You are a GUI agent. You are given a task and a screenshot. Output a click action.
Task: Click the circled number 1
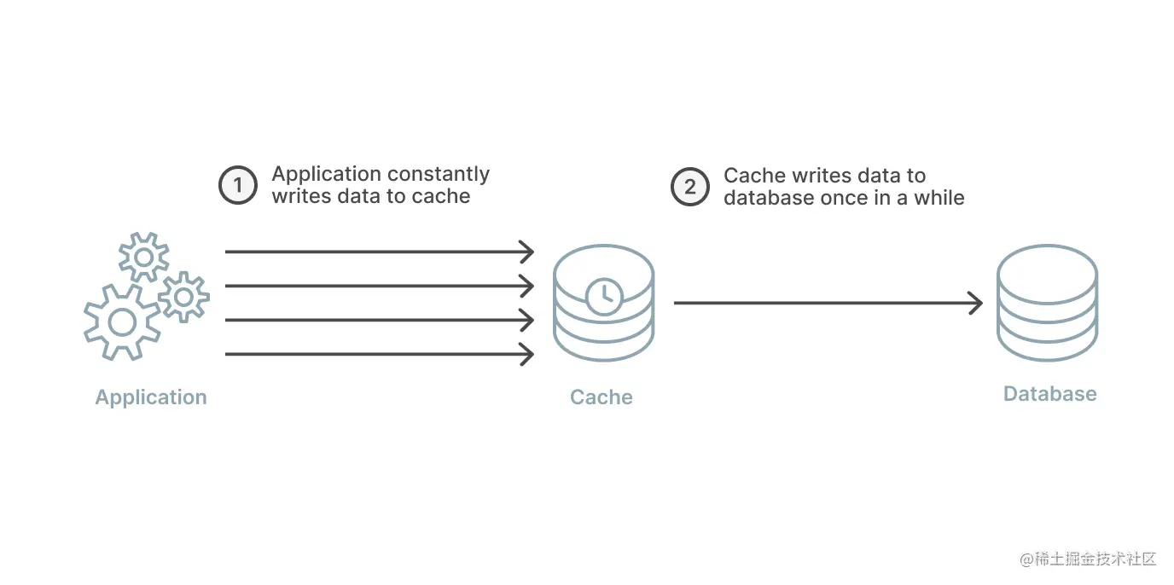tap(237, 185)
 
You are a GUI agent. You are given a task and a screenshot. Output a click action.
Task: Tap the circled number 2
tap(689, 186)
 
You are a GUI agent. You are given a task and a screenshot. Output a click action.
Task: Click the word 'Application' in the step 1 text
tap(326, 175)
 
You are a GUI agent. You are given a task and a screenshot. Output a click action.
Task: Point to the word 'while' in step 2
tap(939, 198)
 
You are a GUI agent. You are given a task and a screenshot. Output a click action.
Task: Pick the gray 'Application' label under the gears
tap(151, 397)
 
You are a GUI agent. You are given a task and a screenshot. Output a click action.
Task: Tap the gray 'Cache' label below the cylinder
tap(602, 397)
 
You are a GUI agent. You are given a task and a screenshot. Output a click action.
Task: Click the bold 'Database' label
tap(1049, 394)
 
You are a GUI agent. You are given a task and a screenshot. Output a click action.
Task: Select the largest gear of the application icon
tap(122, 321)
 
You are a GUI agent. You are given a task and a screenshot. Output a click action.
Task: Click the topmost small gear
tap(143, 257)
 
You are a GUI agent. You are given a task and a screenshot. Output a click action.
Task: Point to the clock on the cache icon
tap(604, 296)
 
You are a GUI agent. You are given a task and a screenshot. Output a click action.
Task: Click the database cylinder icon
tap(1047, 302)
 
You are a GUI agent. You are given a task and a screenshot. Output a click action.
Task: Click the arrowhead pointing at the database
tap(975, 303)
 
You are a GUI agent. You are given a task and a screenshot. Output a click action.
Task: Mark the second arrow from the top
tap(375, 286)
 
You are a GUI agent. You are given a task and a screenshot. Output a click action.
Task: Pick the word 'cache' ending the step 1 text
tap(445, 197)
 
